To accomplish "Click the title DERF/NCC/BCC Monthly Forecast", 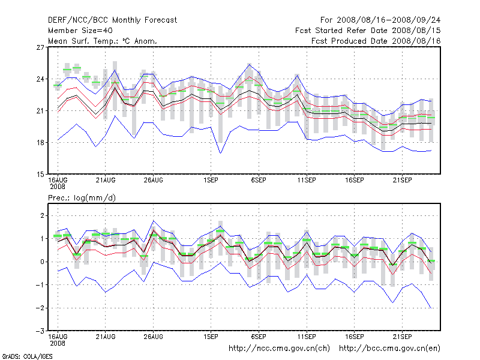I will click(113, 20).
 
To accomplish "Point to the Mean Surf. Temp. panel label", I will click(103, 41).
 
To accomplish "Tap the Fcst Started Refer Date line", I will click(368, 31).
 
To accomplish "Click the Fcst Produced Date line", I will click(376, 41).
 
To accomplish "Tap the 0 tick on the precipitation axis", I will click(43, 262).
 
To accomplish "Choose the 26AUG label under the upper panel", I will click(154, 180).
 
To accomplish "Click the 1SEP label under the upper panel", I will click(211, 180).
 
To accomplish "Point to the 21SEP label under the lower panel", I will click(402, 337).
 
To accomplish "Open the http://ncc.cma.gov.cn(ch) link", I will click(280, 348).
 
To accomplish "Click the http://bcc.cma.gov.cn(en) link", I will click(390, 348).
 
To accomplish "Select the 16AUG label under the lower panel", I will click(58, 337).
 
